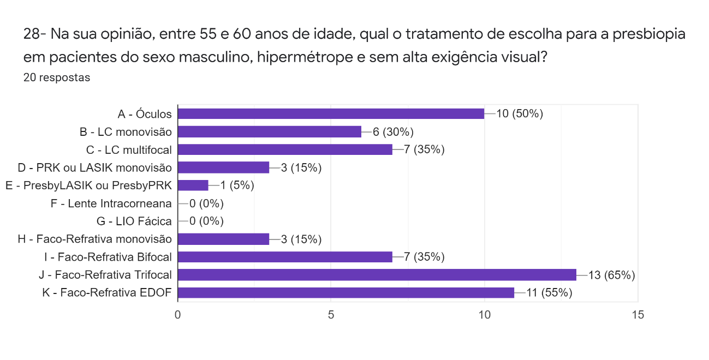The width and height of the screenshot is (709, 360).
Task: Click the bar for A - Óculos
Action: (331, 113)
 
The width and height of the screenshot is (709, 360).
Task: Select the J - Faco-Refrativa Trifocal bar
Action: (377, 274)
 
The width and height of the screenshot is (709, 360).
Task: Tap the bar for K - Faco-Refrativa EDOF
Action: (346, 292)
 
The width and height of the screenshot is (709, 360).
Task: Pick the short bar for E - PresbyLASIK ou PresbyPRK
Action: (193, 185)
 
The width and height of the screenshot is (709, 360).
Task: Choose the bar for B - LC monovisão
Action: (270, 131)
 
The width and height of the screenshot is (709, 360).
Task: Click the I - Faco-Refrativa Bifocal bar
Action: (285, 257)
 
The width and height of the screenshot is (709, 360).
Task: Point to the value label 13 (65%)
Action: (611, 275)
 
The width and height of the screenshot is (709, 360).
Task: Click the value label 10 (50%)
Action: (520, 114)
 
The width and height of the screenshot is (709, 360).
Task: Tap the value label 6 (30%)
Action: (394, 132)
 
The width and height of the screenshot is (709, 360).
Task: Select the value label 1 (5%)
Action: (237, 185)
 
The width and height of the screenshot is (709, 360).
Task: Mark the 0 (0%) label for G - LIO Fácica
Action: (206, 221)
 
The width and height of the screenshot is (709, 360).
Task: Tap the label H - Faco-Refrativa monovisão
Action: (94, 239)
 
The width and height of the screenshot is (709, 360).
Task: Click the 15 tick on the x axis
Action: (637, 315)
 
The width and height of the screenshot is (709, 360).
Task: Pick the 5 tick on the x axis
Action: (331, 315)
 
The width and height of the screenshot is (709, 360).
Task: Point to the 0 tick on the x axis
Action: (178, 315)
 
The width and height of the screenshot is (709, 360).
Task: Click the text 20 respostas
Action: (57, 77)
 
